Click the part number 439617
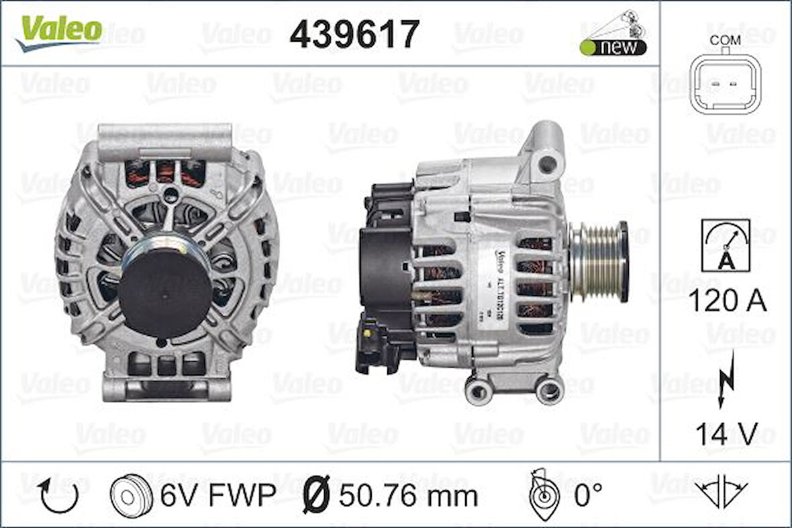(x=354, y=34)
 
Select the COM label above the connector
(x=726, y=40)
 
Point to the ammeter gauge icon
(x=726, y=245)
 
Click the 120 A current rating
(x=727, y=302)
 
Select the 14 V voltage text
(x=726, y=435)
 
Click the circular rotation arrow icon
(x=58, y=496)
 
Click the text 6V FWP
(x=217, y=496)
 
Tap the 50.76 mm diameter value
(x=407, y=496)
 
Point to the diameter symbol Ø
(x=317, y=496)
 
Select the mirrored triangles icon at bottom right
(x=721, y=495)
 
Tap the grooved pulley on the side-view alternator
(x=597, y=261)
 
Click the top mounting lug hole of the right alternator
(x=548, y=161)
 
